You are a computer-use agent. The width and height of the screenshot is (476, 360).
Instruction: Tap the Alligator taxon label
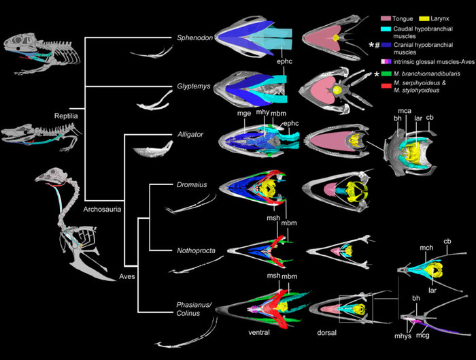click(x=190, y=135)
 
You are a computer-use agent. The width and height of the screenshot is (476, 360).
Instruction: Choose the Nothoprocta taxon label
click(x=195, y=250)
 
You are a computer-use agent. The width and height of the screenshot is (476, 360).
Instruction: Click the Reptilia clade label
click(x=68, y=116)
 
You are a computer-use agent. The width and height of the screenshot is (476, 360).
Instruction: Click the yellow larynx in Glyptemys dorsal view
click(x=335, y=88)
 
